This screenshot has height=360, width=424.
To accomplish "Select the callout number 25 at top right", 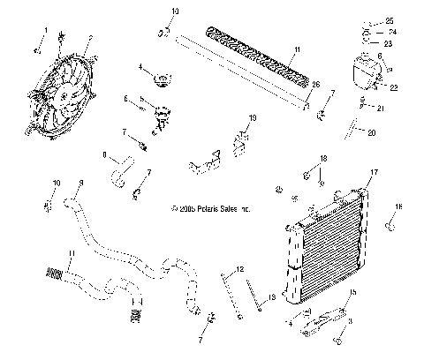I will click(x=390, y=20).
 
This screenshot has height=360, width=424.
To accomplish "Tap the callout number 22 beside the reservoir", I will click(x=394, y=87).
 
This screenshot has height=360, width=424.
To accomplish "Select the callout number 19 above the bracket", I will click(x=252, y=117).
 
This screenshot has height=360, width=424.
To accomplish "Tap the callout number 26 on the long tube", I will click(x=315, y=84).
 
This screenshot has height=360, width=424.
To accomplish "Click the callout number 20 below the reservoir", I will click(x=371, y=133).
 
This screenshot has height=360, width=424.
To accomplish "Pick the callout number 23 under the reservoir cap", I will click(x=390, y=41).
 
